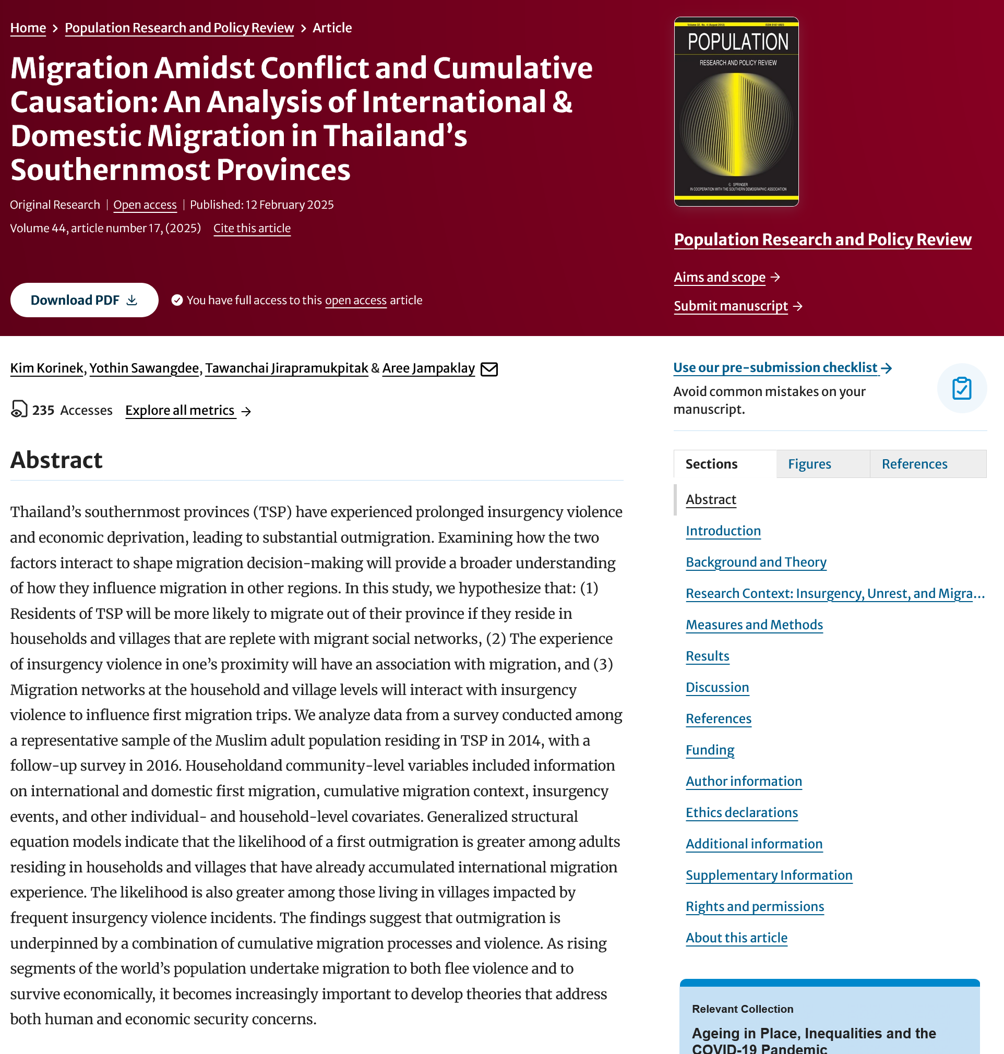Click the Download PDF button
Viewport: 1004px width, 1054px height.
coord(84,300)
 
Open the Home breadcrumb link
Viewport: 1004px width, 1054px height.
coord(28,28)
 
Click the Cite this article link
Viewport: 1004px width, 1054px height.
coord(252,229)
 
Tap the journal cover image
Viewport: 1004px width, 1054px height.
coord(736,111)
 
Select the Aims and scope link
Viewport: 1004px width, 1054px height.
coord(719,277)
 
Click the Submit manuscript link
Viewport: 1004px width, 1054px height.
coord(731,306)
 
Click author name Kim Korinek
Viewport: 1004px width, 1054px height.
coord(46,368)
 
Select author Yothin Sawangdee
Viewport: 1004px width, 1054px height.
coord(144,368)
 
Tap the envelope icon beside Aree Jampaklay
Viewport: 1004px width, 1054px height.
coord(488,369)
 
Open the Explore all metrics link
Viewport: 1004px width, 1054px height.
coord(181,410)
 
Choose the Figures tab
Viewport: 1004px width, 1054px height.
coord(809,464)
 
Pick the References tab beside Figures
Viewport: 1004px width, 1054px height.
coord(914,464)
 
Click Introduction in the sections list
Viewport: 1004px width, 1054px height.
coord(723,531)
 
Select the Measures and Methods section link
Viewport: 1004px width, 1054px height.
coord(754,625)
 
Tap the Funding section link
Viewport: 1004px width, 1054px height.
coord(710,750)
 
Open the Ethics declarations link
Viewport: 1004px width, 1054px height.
coord(742,812)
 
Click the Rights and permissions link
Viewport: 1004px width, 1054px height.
coord(755,906)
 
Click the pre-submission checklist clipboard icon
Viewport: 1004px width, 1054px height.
coord(961,388)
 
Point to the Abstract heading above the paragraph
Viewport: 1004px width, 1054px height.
coord(56,460)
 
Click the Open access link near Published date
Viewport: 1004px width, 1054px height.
coord(145,205)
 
